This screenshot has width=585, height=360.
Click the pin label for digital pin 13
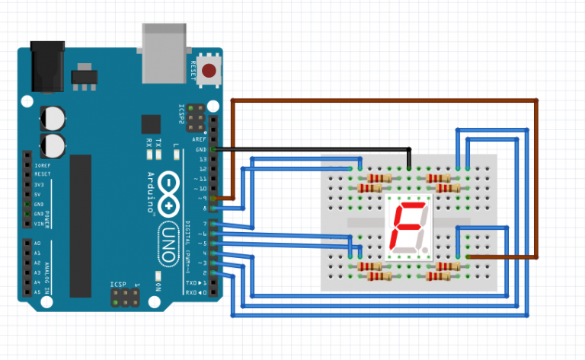[203, 159]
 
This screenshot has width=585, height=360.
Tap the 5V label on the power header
[39, 194]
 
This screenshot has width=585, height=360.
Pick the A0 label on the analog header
[38, 243]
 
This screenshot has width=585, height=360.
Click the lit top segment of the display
[411, 205]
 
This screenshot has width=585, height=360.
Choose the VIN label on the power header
[38, 223]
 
